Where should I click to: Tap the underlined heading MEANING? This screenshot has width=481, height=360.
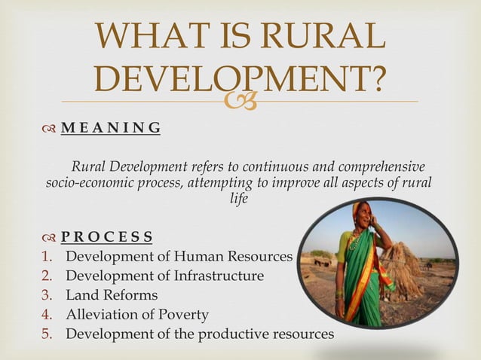(111, 127)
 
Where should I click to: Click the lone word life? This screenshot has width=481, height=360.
(239, 199)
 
